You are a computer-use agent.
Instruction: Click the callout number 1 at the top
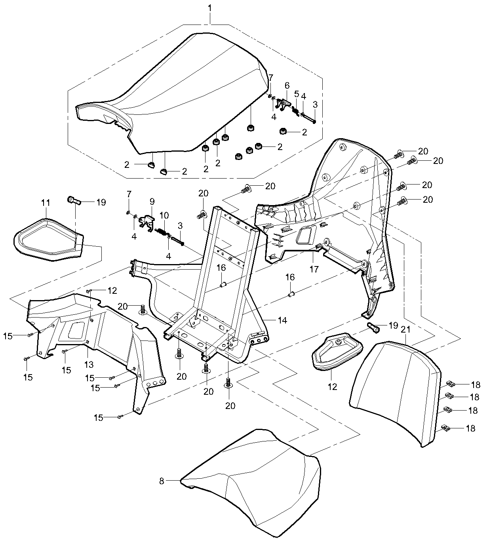click(x=210, y=8)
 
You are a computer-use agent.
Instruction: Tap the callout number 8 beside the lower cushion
click(x=162, y=481)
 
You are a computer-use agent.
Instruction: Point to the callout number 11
click(x=46, y=203)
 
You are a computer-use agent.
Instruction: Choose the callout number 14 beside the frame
click(x=282, y=320)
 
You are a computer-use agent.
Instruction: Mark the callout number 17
click(x=314, y=270)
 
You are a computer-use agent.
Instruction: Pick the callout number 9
click(x=152, y=202)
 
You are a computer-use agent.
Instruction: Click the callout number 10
click(x=164, y=216)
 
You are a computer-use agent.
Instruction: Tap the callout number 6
click(x=287, y=86)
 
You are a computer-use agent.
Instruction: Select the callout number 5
click(x=296, y=94)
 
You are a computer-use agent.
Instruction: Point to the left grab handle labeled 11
click(x=48, y=238)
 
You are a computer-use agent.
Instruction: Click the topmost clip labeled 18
click(x=450, y=383)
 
